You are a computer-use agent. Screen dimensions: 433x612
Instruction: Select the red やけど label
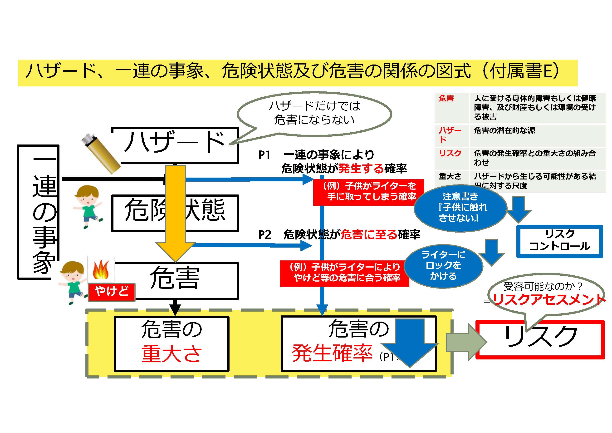[x=111, y=292]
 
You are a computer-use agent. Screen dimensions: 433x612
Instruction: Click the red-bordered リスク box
[x=540, y=339]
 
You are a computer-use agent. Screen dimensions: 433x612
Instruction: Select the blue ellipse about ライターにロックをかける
[x=443, y=266]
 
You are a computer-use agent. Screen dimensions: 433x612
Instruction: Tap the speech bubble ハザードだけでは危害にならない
[x=314, y=113]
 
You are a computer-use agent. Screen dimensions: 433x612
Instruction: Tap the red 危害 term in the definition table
[x=446, y=99]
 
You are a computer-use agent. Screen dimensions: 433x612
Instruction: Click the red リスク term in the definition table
[x=450, y=153]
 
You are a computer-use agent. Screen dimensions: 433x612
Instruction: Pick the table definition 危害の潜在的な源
[x=504, y=130]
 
